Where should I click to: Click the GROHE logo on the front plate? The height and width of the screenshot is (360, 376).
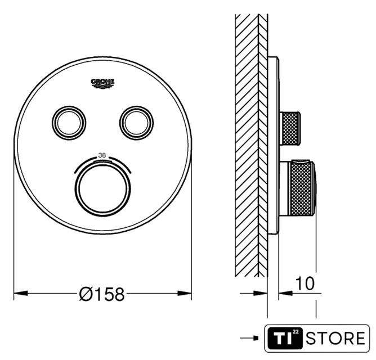(102, 83)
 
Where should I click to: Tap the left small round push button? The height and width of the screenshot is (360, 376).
(69, 123)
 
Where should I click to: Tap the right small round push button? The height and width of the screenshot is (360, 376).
(136, 123)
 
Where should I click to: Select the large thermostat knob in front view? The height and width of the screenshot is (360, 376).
(103, 188)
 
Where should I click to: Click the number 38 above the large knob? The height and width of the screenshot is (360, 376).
(102, 155)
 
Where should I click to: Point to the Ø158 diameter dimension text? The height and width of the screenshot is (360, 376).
(102, 294)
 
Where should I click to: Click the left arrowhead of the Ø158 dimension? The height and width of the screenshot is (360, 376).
(21, 293)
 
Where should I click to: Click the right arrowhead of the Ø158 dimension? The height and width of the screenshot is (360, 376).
(185, 293)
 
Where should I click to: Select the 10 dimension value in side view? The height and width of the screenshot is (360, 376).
(305, 283)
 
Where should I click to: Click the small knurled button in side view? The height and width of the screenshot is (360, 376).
(290, 128)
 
